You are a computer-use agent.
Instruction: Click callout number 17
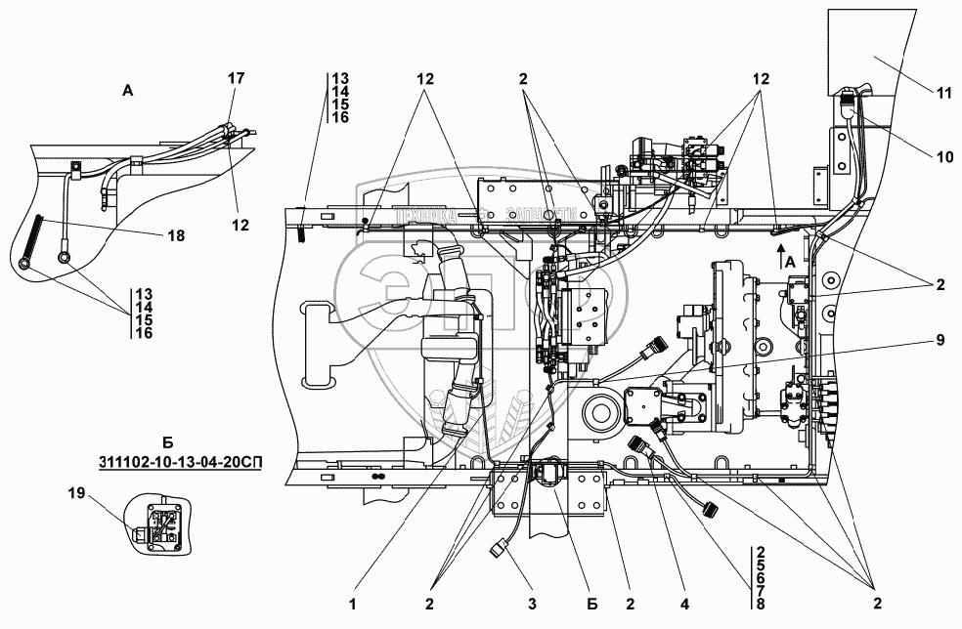coord(237,77)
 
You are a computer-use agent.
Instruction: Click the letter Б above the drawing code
coord(167,443)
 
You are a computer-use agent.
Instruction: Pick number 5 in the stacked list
coord(760,564)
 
